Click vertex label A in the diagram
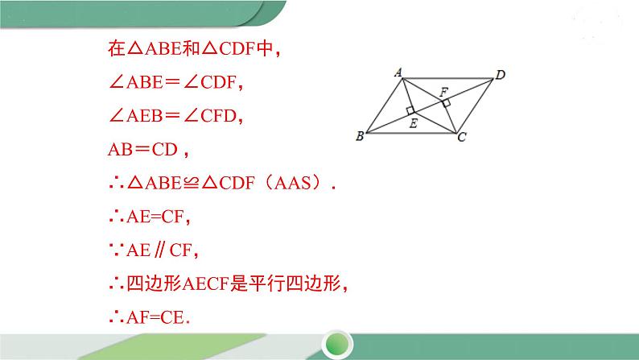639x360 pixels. click(398, 72)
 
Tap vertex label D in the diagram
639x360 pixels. click(501, 75)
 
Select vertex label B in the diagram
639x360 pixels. click(359, 137)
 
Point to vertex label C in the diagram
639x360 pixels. click(461, 139)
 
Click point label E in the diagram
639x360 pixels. click(413, 123)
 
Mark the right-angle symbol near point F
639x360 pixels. click(445, 102)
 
